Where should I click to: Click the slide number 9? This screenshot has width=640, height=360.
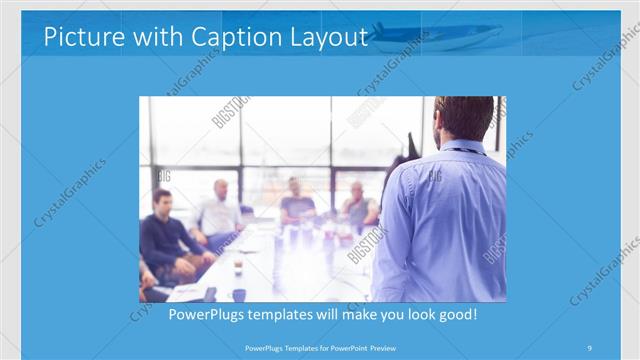589,347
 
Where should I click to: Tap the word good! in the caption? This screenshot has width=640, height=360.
455,315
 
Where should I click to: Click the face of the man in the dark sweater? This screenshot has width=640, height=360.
163,202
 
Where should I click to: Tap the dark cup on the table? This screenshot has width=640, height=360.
238,294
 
